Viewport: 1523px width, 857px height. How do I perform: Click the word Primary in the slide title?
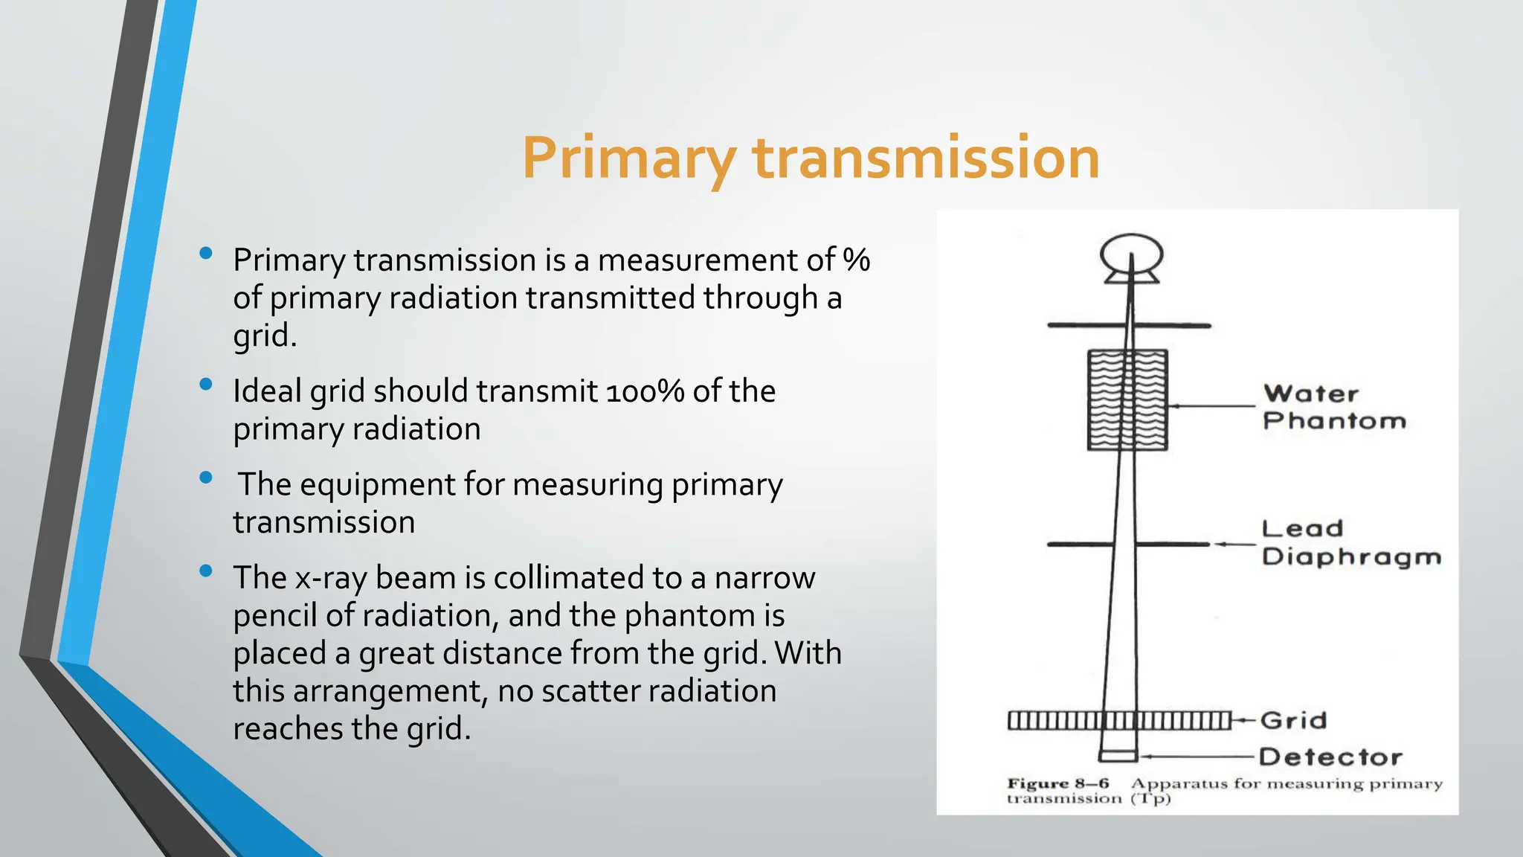[x=629, y=158]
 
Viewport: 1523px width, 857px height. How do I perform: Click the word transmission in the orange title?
[x=926, y=158]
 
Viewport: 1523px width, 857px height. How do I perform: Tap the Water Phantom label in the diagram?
[x=1334, y=407]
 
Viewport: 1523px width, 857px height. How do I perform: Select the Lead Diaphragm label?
[x=1350, y=543]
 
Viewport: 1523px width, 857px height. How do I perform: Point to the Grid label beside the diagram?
[x=1294, y=720]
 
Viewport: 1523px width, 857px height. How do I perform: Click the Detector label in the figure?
[x=1330, y=757]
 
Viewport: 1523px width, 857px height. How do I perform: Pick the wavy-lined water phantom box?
[x=1127, y=400]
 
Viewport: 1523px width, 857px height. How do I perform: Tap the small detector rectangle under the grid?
[x=1118, y=757]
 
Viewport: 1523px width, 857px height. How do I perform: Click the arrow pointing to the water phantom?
[x=1212, y=406]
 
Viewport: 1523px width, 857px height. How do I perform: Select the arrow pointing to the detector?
[x=1197, y=757]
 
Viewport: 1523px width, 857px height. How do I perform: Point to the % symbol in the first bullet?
[x=856, y=260]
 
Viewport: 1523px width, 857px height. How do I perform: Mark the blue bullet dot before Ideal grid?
[x=207, y=385]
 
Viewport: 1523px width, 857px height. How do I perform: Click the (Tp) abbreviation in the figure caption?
[x=1150, y=799]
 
